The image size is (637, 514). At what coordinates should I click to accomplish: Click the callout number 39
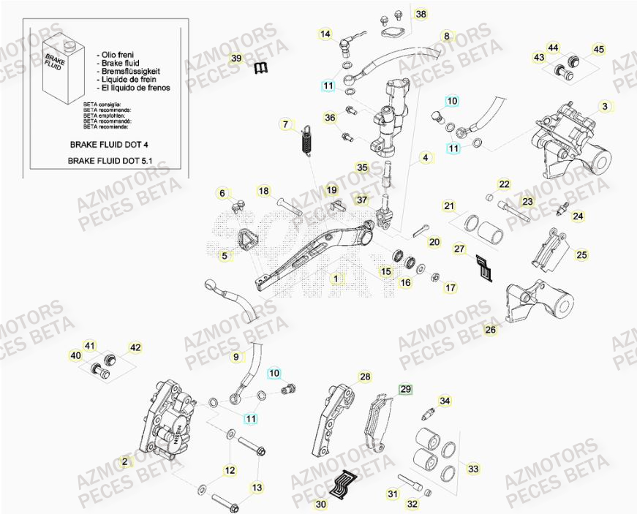[235, 58]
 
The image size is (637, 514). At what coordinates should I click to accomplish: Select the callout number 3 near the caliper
[604, 107]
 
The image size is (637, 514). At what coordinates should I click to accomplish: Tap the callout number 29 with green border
[405, 390]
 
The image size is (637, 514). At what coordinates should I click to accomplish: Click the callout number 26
[490, 330]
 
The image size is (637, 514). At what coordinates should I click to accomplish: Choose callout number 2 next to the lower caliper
[125, 461]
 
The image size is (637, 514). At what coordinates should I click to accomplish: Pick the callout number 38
[420, 15]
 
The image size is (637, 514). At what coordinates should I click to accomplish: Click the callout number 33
[474, 469]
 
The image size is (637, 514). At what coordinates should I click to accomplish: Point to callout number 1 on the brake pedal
[335, 279]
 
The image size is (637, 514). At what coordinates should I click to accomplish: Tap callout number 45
[598, 50]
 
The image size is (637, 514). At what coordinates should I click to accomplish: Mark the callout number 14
[325, 34]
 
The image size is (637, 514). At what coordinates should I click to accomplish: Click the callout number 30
[321, 504]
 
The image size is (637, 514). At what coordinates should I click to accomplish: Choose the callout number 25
[581, 254]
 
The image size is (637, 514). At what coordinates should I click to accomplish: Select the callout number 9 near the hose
[236, 358]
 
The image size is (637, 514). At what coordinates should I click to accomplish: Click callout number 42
[135, 348]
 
